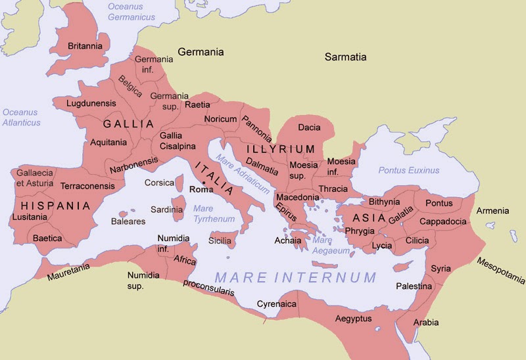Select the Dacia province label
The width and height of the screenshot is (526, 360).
[309, 127]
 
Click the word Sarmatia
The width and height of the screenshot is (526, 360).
[345, 57]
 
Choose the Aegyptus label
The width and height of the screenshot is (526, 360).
[354, 319]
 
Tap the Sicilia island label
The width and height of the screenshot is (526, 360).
[220, 241]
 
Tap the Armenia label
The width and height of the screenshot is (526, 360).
[492, 211]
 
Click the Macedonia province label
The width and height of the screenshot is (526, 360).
[298, 197]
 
